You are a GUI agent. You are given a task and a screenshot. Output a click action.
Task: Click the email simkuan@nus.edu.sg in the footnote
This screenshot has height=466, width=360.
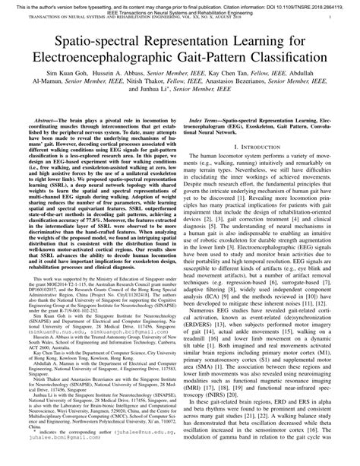click(53, 376)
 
